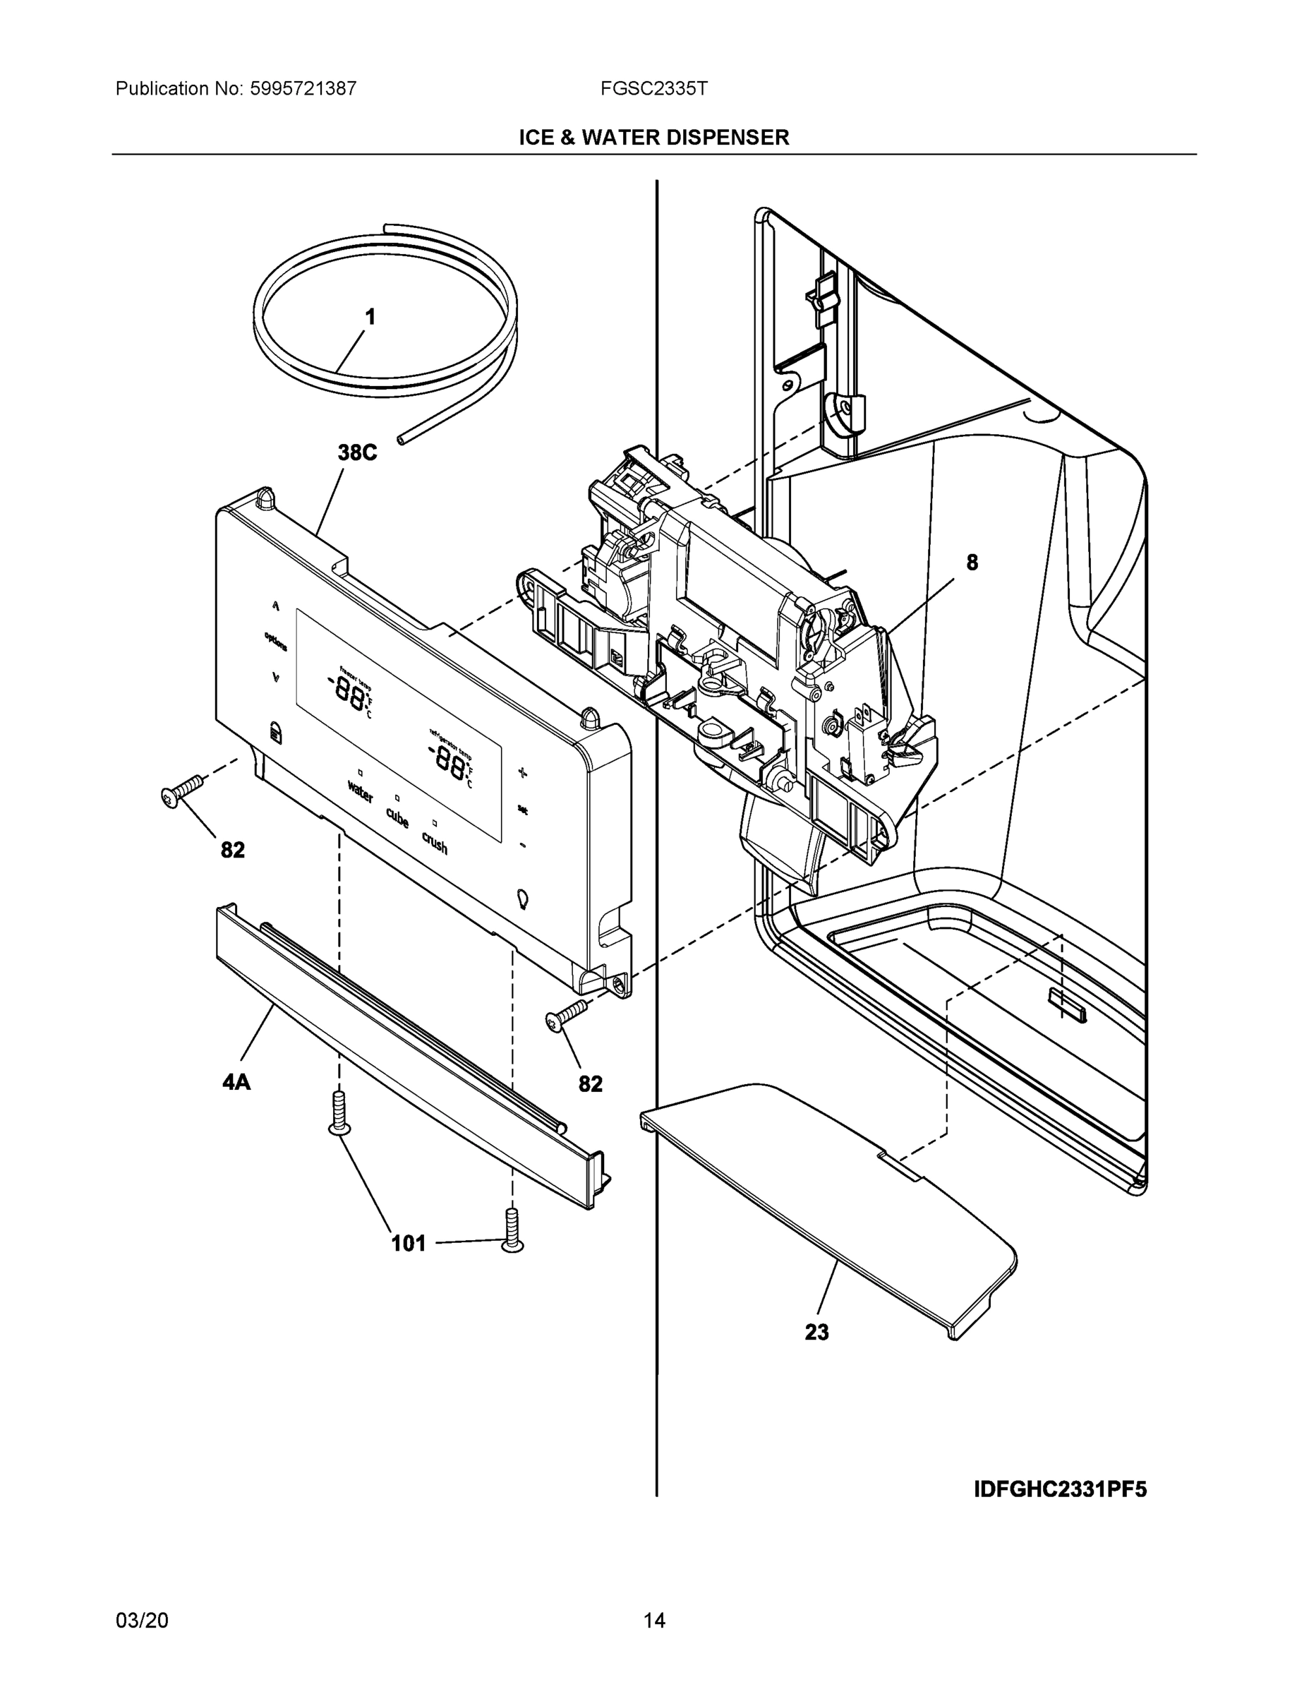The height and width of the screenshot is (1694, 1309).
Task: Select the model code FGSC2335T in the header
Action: [653, 88]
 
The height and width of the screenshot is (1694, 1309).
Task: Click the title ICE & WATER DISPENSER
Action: [653, 138]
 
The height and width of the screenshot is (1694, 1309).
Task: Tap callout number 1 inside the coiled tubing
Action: [370, 316]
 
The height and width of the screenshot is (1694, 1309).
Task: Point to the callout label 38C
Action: [357, 453]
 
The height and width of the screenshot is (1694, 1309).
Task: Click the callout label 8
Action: [972, 563]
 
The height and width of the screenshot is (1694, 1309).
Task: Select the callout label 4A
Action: [236, 1081]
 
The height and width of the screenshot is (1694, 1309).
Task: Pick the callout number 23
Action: [816, 1332]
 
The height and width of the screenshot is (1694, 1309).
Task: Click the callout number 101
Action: [409, 1244]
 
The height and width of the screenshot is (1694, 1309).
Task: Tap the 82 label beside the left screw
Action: [233, 850]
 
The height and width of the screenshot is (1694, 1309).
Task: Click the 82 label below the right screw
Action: [590, 1083]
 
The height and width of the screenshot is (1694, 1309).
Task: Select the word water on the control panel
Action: [360, 792]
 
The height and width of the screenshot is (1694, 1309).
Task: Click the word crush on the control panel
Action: [434, 842]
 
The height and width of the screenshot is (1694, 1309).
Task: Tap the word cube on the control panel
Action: [397, 817]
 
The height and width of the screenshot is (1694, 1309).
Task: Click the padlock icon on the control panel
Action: [274, 731]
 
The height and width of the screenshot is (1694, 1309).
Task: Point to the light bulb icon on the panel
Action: [523, 899]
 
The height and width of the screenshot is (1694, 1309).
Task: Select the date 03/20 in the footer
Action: [142, 1621]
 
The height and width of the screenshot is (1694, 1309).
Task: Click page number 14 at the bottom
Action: [653, 1621]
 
